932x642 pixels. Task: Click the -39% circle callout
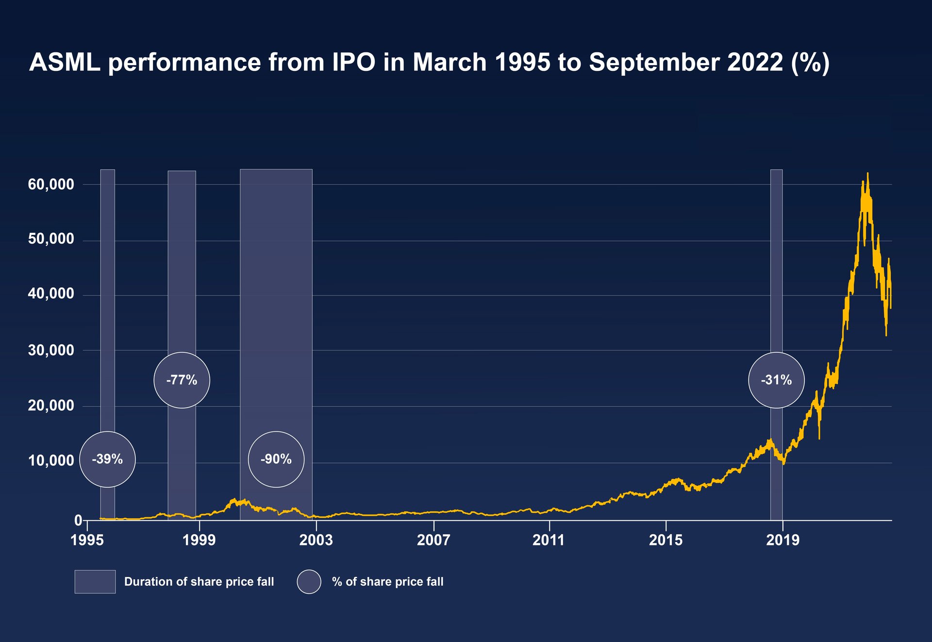[x=107, y=459]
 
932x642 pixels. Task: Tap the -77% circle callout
[x=182, y=380]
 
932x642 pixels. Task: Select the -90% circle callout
[x=276, y=459]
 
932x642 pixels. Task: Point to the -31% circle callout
[x=776, y=380]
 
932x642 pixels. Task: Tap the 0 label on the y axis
[x=78, y=520]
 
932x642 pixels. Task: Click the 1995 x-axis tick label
[x=87, y=540]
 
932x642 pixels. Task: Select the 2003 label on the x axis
[x=316, y=540]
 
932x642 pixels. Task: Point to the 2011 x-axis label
[x=549, y=540]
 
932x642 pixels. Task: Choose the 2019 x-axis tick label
[x=782, y=540]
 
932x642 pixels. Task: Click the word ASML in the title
[x=65, y=62]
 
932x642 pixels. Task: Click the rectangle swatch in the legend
[x=95, y=581]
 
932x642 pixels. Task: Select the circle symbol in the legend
[x=309, y=581]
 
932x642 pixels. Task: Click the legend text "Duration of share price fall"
[x=199, y=581]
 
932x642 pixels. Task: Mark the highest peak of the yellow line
[x=868, y=174]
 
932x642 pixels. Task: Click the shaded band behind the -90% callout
[x=276, y=291]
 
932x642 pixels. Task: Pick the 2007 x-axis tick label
[x=433, y=540]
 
